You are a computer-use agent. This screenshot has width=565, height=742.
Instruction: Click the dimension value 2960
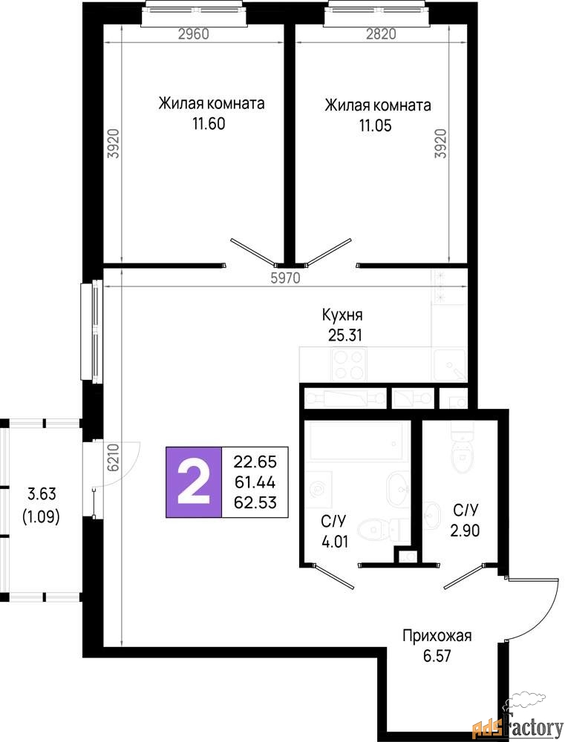[193, 33]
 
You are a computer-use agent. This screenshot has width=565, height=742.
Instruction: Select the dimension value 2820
[380, 33]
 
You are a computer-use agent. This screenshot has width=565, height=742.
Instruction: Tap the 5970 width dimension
[286, 278]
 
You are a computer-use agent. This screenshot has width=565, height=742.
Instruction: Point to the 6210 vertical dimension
[113, 457]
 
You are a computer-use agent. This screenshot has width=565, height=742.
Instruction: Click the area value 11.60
[209, 124]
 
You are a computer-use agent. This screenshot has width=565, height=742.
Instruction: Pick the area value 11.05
[375, 126]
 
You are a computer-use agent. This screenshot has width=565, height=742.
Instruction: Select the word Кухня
[342, 315]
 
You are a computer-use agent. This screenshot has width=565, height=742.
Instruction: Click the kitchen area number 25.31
[344, 335]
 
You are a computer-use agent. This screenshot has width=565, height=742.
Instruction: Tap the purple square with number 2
[193, 482]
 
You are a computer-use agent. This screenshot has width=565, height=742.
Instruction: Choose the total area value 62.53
[255, 502]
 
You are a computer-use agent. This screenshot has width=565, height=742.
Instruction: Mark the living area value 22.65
[255, 461]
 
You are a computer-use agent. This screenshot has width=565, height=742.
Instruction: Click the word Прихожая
[437, 636]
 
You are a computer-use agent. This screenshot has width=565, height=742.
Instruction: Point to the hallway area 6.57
[437, 657]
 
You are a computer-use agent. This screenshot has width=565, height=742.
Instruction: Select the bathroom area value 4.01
[335, 542]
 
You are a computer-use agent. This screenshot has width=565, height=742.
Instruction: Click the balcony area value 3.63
[42, 494]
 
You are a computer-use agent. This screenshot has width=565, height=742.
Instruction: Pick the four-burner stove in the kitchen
[350, 364]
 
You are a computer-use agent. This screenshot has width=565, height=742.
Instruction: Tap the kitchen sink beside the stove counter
[451, 365]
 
